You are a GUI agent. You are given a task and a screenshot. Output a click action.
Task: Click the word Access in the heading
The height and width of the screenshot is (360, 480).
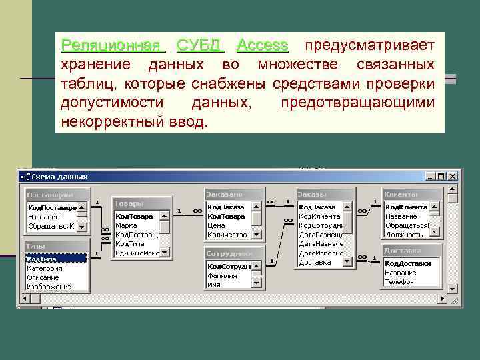pos(263,46)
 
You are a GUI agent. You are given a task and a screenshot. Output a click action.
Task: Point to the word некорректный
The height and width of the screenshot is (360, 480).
pos(110,123)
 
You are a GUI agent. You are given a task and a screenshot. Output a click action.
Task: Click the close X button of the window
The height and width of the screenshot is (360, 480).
pos(453,177)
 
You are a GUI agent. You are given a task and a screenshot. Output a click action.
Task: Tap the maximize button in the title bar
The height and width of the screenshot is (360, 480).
pos(441,177)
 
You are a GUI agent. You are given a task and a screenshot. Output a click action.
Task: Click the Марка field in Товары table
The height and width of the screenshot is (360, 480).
pos(126,225)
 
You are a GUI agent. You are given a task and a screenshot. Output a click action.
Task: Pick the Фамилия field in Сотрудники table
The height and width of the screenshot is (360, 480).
pos(222,275)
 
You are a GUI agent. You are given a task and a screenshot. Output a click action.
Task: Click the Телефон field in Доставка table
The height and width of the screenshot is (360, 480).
pos(399,281)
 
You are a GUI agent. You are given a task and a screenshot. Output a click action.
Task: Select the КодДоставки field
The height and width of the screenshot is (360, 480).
pos(407,263)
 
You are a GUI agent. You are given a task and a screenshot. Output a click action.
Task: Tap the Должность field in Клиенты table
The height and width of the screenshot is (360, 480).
pos(404,235)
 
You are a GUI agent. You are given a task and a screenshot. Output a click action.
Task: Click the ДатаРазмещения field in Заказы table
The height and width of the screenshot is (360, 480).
pos(321,235)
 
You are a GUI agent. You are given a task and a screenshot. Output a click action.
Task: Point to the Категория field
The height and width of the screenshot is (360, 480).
pos(45,268)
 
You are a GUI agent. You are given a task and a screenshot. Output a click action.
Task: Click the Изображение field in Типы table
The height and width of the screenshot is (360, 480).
pos(49,287)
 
